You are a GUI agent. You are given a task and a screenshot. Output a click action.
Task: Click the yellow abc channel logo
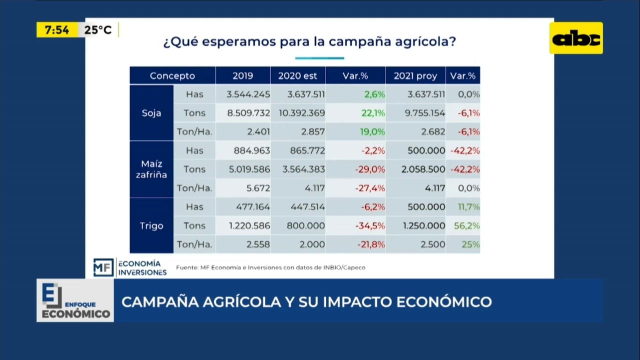[576, 38]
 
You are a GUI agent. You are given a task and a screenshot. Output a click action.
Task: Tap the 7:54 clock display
[57, 29]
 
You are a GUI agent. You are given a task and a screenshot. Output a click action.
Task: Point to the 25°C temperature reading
[98, 29]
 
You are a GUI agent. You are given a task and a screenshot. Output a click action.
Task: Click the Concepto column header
[172, 75]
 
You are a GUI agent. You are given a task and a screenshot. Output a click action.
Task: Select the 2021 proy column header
[415, 75]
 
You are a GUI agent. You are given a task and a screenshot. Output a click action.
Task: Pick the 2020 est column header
[297, 75]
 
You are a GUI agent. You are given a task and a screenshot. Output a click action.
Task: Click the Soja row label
[151, 113]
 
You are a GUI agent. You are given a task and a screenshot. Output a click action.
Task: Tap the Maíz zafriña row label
[151, 169]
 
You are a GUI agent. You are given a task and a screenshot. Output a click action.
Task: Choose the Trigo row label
[151, 225]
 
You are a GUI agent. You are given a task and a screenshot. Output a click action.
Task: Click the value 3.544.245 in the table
[248, 94]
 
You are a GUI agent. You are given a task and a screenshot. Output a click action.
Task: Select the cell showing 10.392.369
[301, 113]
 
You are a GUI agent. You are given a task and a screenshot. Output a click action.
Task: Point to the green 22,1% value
[373, 113]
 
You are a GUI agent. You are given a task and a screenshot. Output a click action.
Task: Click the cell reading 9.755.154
[425, 113]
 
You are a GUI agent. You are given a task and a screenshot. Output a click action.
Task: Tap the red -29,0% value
[370, 169]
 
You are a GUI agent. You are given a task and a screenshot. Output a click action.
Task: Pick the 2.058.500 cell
[423, 169]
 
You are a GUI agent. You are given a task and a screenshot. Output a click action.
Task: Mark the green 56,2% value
[467, 225]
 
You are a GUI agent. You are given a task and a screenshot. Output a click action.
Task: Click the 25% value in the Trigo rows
[470, 244]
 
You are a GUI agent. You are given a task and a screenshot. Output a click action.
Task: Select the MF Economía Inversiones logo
[130, 267]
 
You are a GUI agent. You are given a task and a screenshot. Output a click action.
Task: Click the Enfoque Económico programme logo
[75, 300]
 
